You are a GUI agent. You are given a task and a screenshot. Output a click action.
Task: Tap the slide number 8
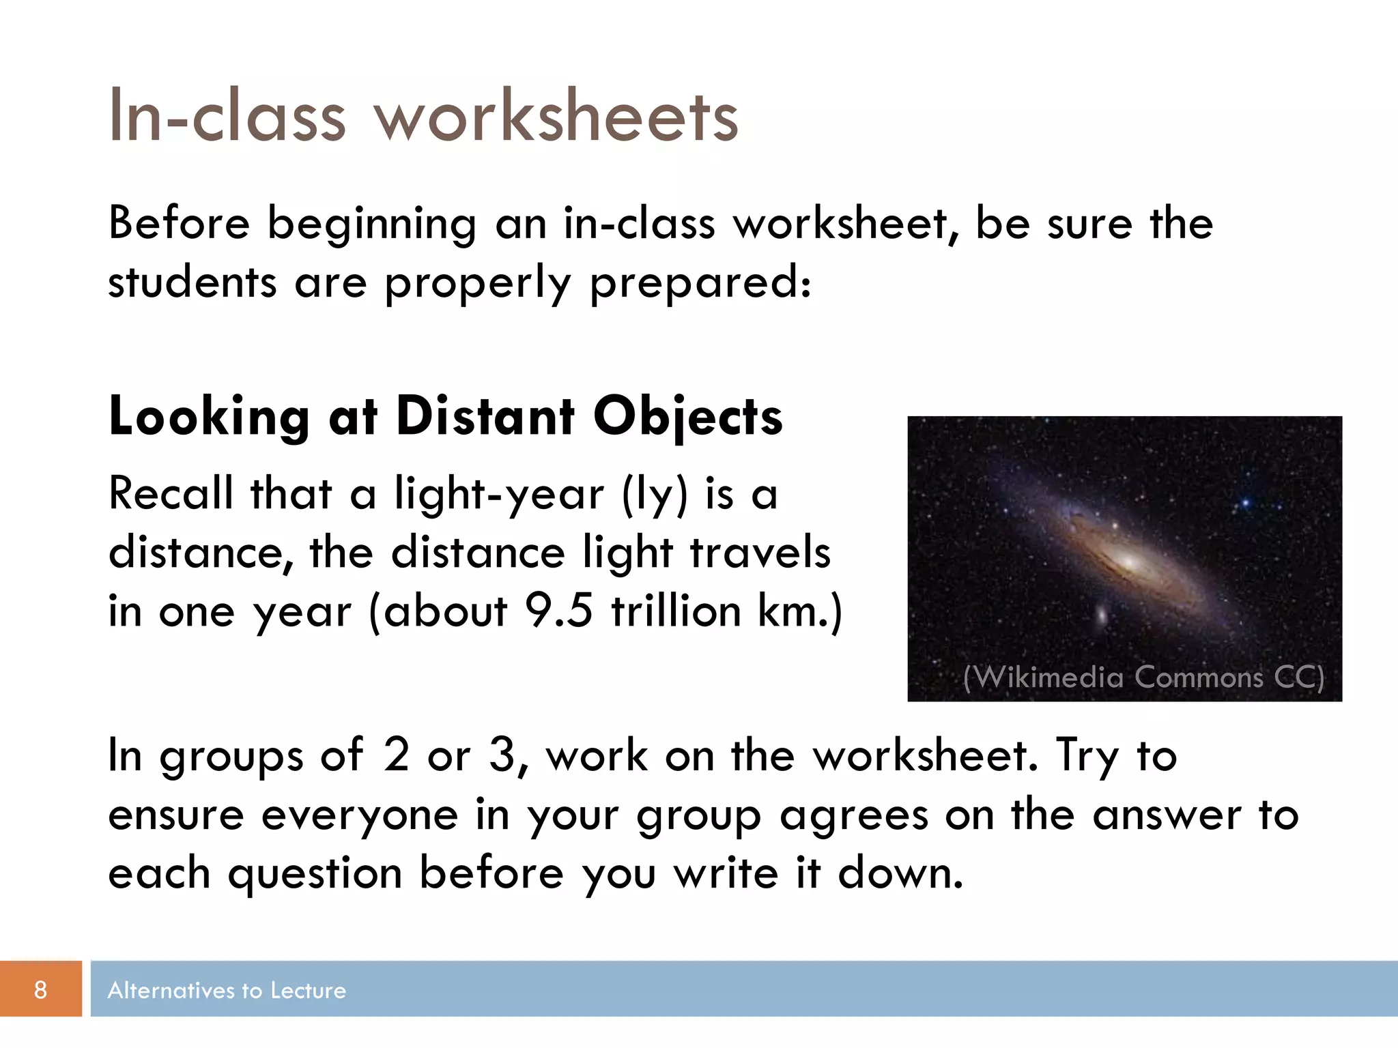[40, 989]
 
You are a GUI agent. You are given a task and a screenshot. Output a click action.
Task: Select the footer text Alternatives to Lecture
[227, 990]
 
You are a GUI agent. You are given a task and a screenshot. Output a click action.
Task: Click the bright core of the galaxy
[1127, 562]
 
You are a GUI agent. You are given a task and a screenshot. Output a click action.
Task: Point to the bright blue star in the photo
[1245, 504]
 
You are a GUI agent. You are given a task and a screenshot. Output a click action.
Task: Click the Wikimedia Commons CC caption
[1143, 677]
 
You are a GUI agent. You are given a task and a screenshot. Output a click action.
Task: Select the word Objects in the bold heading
[687, 418]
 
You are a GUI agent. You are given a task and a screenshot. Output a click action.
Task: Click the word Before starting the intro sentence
[179, 223]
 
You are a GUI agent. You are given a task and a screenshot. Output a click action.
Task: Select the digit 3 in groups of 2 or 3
[502, 755]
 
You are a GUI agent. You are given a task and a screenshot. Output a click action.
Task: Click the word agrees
[853, 816]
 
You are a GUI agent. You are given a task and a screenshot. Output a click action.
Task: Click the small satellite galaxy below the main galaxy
[1100, 614]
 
